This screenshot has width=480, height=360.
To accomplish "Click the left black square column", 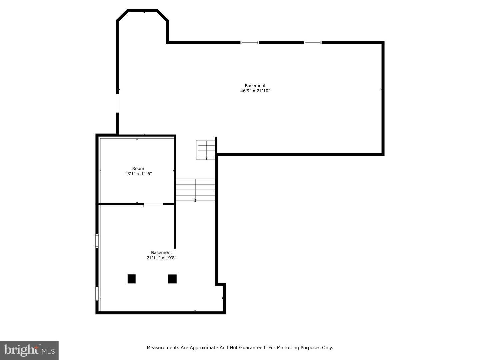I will (x=132, y=279).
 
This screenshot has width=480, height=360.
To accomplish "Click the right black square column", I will (x=172, y=279).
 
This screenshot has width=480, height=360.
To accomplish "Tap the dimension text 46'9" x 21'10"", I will (x=255, y=91).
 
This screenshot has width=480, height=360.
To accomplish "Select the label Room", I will (x=138, y=168).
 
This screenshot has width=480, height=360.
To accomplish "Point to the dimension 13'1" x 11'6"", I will (x=138, y=174).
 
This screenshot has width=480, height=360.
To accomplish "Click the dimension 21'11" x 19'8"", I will (x=161, y=258).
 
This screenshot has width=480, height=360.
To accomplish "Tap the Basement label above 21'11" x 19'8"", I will (x=161, y=252).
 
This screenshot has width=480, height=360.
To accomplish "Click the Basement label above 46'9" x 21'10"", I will (x=255, y=85).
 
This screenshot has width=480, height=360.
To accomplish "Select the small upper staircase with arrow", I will (x=206, y=150).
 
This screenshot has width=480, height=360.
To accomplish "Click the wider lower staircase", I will (x=195, y=190).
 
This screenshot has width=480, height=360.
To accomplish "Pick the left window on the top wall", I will (x=250, y=42).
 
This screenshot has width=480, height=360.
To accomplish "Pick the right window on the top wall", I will (x=313, y=42).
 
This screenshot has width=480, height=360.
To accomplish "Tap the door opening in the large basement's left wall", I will (x=118, y=103).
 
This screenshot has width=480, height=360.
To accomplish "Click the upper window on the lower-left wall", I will (x=97, y=241).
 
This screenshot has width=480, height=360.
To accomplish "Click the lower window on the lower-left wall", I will (x=97, y=294).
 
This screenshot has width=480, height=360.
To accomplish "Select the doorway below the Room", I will (x=153, y=204).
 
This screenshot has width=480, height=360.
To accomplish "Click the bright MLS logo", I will (x=29, y=350).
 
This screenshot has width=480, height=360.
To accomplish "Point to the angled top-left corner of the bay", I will (x=122, y=15).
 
